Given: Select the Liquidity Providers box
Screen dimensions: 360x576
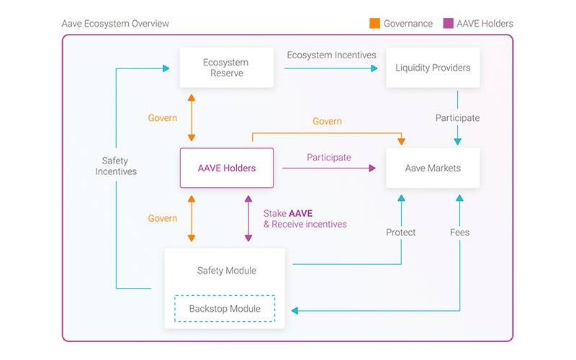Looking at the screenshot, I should (x=433, y=68).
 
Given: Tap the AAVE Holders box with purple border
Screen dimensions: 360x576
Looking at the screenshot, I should (x=227, y=168).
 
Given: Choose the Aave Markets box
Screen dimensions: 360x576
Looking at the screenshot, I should (x=433, y=168).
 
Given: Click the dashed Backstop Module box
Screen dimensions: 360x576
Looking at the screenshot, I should (x=224, y=309).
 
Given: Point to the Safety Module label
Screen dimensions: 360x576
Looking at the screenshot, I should (x=226, y=271).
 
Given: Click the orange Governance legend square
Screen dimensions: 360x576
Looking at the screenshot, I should (x=374, y=23).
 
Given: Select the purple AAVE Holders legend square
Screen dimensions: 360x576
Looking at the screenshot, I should (x=448, y=23).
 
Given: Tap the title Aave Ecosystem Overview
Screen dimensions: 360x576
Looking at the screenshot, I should (x=116, y=24).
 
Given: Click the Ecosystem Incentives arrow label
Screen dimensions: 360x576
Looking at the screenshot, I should (x=331, y=55).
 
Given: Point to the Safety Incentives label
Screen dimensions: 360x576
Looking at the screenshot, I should (x=116, y=166).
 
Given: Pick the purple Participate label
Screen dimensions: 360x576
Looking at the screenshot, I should (x=329, y=157).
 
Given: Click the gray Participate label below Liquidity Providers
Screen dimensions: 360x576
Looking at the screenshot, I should (x=457, y=117).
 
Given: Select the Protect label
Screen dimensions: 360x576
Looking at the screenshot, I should (x=401, y=233).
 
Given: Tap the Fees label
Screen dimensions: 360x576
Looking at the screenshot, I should (x=460, y=233).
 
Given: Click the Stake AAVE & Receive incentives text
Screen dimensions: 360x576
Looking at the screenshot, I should (x=305, y=219).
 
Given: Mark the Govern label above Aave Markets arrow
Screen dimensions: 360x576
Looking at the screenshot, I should (x=327, y=122).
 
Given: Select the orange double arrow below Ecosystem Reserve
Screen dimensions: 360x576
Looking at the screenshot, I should (x=191, y=117).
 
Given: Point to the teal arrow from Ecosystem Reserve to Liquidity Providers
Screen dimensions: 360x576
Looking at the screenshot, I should (x=330, y=68).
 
